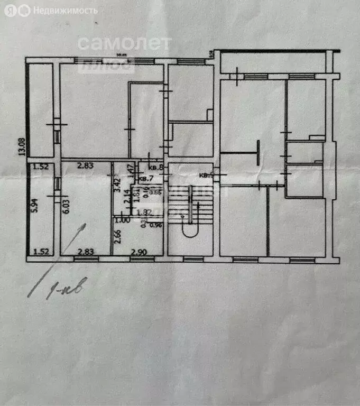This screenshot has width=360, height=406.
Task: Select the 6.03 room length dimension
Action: pos(66,204)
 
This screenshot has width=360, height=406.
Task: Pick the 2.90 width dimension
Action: pos(139,252)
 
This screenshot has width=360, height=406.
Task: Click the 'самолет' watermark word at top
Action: pos(125,43)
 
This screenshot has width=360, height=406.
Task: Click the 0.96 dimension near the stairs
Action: pos(155,226)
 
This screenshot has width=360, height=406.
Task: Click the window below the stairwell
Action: pos(192,259)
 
